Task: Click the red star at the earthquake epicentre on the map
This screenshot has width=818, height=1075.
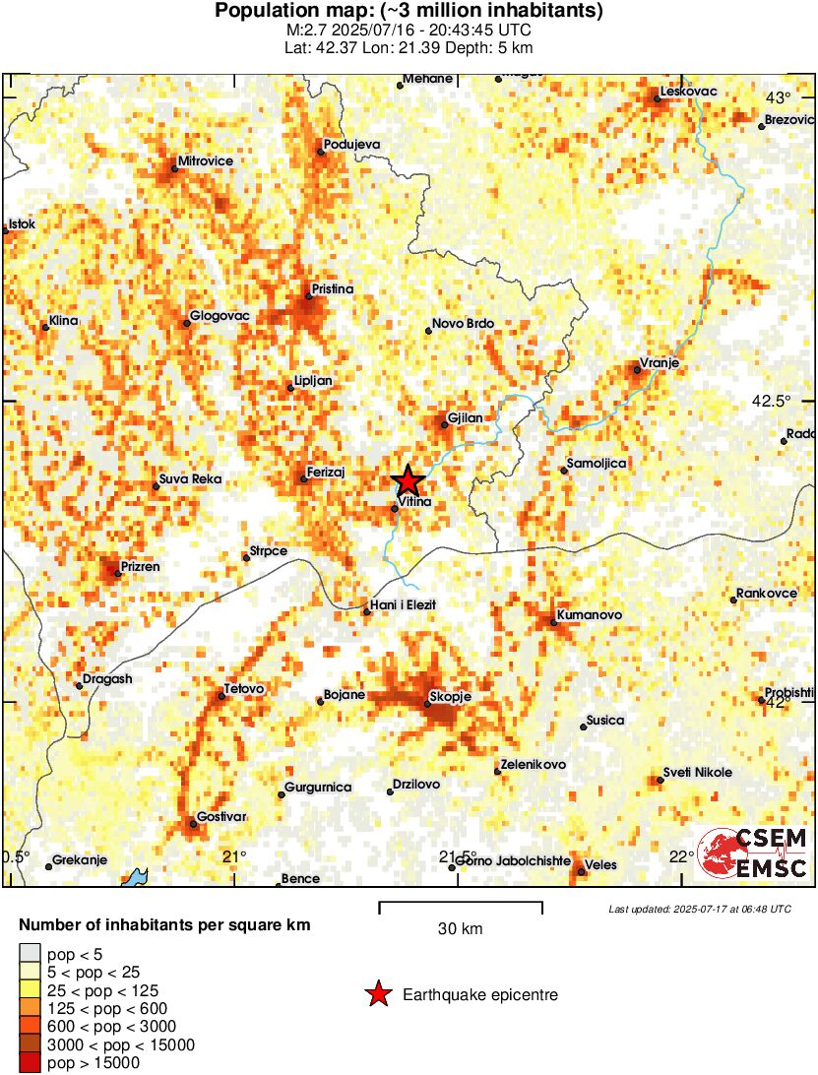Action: coord(409,481)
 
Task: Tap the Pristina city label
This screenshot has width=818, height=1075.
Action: coord(332,289)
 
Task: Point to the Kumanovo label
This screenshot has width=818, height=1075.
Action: coord(589,615)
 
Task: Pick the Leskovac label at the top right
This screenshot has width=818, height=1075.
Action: coord(688,92)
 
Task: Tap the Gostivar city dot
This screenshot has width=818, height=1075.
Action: coord(193,824)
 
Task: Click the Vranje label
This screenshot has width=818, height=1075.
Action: coord(660,363)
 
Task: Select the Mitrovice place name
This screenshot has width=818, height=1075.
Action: coord(206,161)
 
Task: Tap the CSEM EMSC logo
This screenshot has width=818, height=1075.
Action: coord(753,853)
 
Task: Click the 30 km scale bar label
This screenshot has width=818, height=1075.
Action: coord(460,928)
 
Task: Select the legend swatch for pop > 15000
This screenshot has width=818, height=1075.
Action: coord(31,1062)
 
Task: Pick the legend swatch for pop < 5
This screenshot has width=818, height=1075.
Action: coord(31,954)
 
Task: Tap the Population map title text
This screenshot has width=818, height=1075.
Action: coord(409,12)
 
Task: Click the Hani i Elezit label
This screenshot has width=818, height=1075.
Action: coord(402,603)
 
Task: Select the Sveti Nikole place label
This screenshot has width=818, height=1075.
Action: coord(697,772)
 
